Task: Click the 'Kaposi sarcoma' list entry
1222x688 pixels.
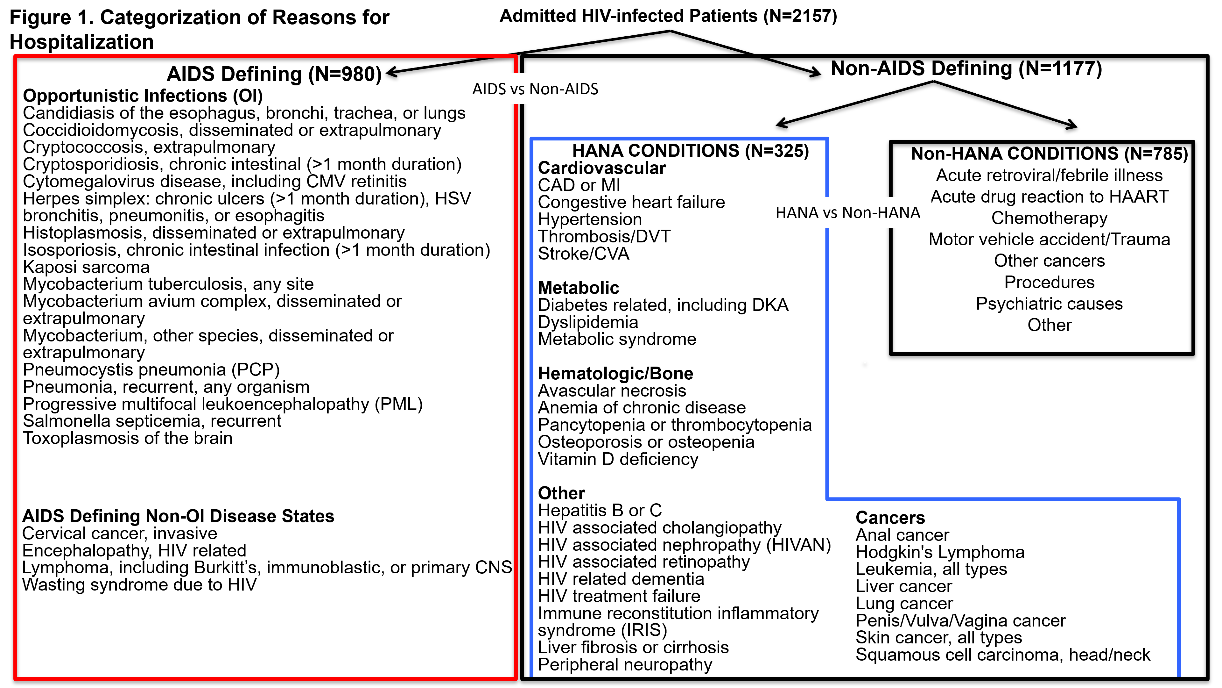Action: (x=86, y=267)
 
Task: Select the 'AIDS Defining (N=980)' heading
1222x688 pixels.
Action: (x=274, y=74)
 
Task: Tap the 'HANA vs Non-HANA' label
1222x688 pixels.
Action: (x=848, y=213)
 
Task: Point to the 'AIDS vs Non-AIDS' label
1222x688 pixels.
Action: (x=535, y=89)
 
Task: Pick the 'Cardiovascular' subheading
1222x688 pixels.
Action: (x=601, y=168)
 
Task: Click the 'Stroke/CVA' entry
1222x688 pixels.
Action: (x=584, y=254)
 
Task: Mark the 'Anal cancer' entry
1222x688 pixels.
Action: (x=902, y=535)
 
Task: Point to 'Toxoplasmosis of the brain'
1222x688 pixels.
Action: (x=128, y=438)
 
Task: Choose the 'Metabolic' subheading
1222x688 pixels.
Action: (x=578, y=288)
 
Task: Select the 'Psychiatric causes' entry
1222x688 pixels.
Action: (x=1049, y=304)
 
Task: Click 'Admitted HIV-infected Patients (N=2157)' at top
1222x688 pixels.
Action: (x=668, y=16)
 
